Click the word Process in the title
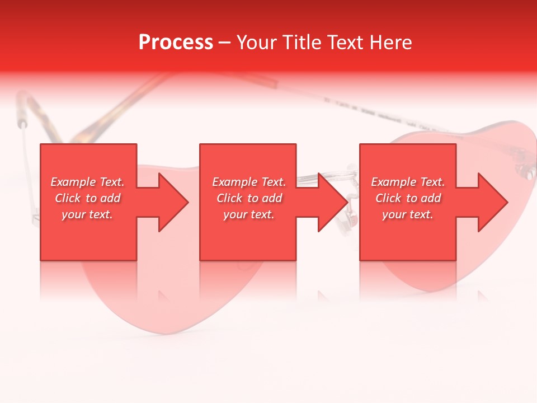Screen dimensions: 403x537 click(x=176, y=43)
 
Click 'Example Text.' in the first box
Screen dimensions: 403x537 click(x=87, y=182)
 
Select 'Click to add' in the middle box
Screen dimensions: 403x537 click(x=249, y=198)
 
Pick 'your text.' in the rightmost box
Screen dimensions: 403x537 click(x=408, y=214)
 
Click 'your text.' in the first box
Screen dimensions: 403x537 click(x=87, y=214)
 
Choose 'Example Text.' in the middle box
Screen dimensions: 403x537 click(x=249, y=182)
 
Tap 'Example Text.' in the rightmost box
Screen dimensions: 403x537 click(x=408, y=182)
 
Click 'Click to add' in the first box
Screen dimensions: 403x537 click(x=87, y=198)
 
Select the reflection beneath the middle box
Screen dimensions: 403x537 click(x=248, y=280)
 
